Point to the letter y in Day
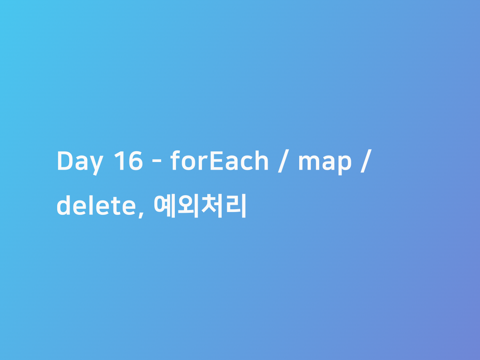[96, 165]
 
